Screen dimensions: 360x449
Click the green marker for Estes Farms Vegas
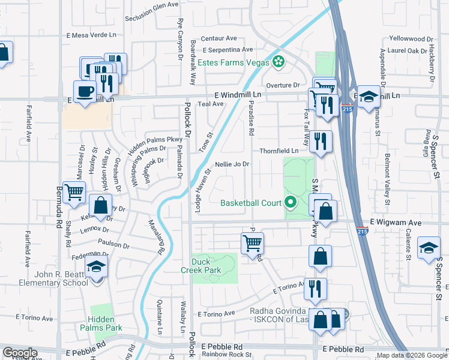pos(278,61)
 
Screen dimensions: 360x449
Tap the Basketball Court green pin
pos(291,202)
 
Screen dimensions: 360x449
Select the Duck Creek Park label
pos(206,266)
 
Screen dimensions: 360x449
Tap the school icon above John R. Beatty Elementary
pos(96,267)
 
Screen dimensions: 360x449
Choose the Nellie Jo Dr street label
pos(231,164)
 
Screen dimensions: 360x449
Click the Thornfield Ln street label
pos(279,151)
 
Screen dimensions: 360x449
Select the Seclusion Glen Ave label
pos(152,4)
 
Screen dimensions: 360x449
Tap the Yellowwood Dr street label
pos(411,38)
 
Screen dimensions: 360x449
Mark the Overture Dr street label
pos(283,85)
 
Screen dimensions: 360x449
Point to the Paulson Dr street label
pos(113,245)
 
